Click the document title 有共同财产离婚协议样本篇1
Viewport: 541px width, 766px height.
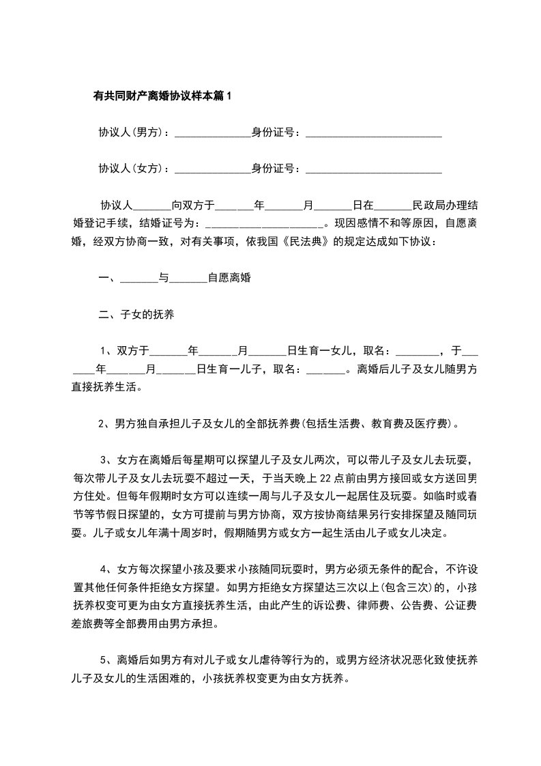pyautogui.click(x=162, y=96)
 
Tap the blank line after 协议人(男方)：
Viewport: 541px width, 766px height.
pyautogui.click(x=213, y=134)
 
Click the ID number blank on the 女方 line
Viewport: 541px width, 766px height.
pyautogui.click(x=373, y=170)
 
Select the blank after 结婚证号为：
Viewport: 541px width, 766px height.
pyautogui.click(x=263, y=224)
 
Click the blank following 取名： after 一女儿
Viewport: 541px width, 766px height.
pyautogui.click(x=418, y=353)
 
